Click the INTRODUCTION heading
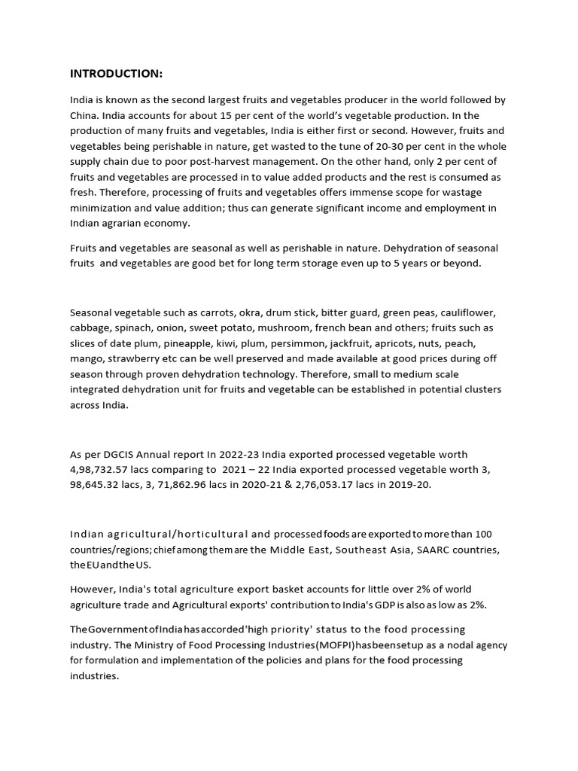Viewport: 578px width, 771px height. tap(116, 73)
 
